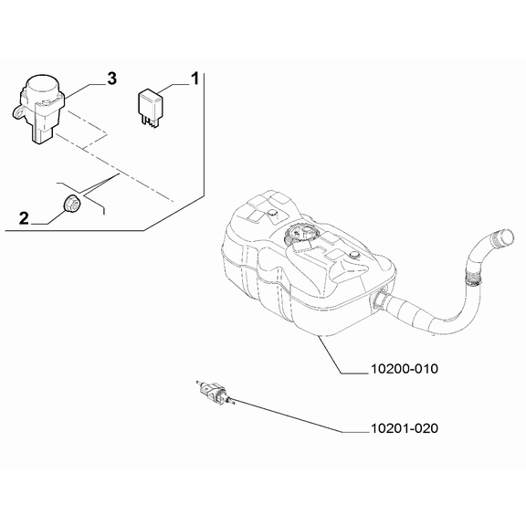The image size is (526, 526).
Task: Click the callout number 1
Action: click(x=195, y=79)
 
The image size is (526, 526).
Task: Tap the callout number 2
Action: click(x=24, y=218)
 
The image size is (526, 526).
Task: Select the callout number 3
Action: click(x=111, y=79)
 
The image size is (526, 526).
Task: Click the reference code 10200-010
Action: click(x=405, y=369)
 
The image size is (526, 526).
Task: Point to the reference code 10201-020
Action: click(x=405, y=428)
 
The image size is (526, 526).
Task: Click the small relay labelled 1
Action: click(x=151, y=108)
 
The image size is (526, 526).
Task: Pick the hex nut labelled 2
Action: click(x=71, y=203)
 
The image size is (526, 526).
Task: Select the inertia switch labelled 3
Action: click(x=38, y=108)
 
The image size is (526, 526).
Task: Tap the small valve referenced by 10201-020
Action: click(x=215, y=392)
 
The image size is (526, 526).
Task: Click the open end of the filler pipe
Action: click(x=504, y=237)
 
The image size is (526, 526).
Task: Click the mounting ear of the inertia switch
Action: click(x=19, y=111)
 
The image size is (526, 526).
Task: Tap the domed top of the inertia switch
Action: click(x=43, y=84)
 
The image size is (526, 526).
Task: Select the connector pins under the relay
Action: click(x=151, y=121)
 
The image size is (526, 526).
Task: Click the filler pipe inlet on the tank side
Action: click(x=379, y=299)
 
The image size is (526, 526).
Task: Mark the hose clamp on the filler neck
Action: click(x=472, y=279)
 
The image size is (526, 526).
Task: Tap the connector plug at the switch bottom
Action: click(x=42, y=135)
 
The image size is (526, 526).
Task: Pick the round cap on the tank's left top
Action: click(x=273, y=213)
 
